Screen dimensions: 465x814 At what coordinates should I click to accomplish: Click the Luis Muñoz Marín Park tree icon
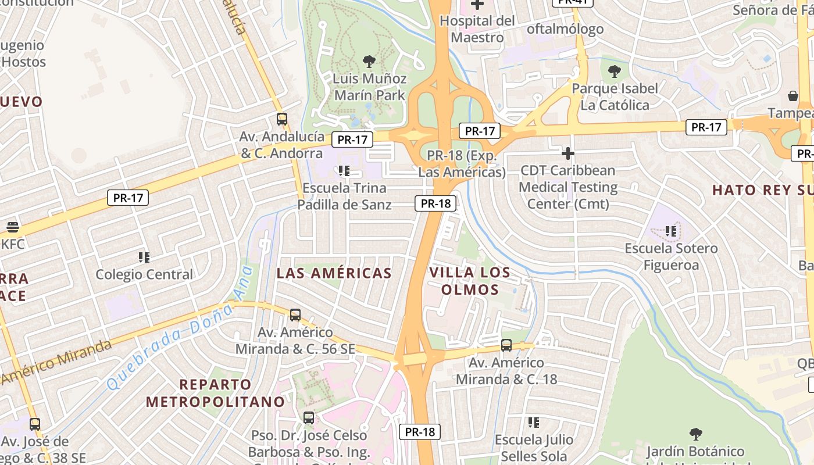tap(369, 61)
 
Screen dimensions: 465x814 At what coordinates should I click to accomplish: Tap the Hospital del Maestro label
tap(477, 29)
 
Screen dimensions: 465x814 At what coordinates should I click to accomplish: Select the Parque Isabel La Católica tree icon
tap(615, 72)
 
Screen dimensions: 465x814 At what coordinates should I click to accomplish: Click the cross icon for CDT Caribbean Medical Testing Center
tap(568, 153)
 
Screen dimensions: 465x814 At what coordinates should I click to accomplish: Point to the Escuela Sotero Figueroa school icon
tap(671, 231)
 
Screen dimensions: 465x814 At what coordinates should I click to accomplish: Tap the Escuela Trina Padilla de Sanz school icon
tap(344, 171)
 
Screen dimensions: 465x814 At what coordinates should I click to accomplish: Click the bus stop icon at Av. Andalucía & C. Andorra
tap(282, 119)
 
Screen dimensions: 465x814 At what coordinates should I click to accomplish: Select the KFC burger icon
tap(13, 227)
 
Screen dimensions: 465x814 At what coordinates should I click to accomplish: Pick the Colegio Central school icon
tap(144, 257)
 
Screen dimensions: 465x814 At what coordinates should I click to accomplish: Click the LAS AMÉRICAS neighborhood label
tap(334, 273)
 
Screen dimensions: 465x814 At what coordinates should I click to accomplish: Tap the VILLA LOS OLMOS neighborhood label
tap(470, 281)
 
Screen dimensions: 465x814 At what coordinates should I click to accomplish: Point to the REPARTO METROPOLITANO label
tap(215, 393)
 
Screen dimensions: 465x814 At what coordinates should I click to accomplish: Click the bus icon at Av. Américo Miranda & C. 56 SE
tap(295, 315)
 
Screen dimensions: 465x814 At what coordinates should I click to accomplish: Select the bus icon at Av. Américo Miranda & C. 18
tap(506, 345)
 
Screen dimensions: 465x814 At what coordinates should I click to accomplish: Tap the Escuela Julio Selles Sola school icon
tap(534, 423)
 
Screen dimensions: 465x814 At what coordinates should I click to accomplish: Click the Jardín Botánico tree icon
tap(695, 434)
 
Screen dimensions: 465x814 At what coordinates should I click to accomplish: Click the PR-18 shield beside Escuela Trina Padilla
tap(435, 203)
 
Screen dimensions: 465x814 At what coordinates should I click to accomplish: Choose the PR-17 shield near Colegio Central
tap(128, 198)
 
